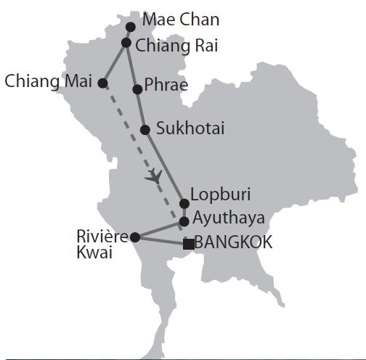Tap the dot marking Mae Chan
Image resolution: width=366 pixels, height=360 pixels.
coord(131,27)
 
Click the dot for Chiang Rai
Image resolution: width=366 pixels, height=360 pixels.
coord(126,43)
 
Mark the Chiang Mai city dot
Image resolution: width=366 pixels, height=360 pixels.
coord(103,83)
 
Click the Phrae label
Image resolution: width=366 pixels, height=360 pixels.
coord(166,85)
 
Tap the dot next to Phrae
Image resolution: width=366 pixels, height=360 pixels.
coord(137,89)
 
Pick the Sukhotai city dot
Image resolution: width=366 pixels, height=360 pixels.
coord(145,130)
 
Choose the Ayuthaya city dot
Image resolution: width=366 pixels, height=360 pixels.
coord(184,221)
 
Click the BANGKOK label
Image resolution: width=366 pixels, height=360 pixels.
coord(233,243)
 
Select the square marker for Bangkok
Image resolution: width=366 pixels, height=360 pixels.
coord(188,244)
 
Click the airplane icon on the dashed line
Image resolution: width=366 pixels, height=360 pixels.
coord(154,176)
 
